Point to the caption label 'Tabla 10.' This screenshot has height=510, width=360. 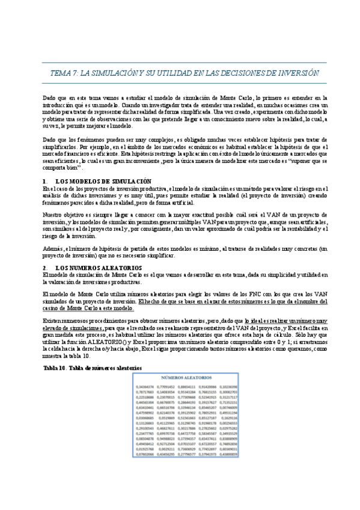pos(55,366)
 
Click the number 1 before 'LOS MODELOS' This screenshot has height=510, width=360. pos(44,181)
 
